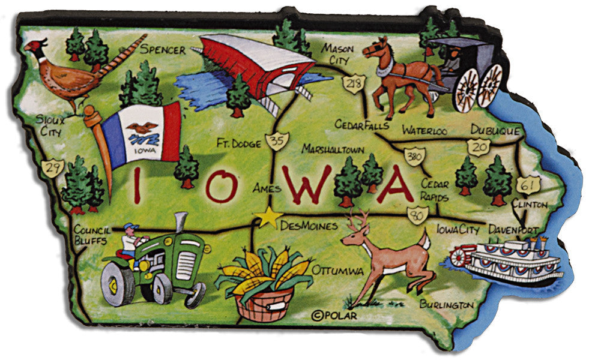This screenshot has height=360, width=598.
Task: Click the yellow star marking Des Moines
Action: click(x=268, y=217)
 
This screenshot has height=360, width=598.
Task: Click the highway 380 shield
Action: click(x=412, y=155)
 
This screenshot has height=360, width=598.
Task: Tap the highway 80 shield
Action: click(x=416, y=212)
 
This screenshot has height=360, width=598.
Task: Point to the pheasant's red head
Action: click(x=37, y=47)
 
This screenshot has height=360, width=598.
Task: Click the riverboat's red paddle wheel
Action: click(x=459, y=257)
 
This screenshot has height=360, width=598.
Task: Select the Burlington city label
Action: click(x=446, y=305)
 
